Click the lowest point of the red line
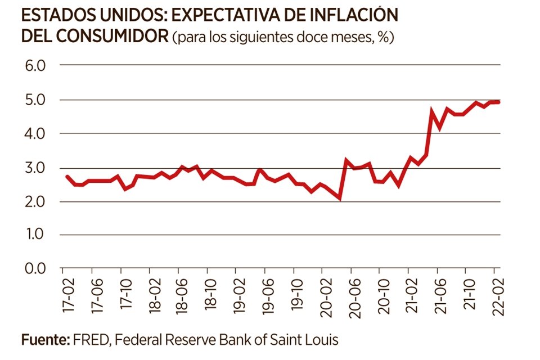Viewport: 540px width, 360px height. [340, 198]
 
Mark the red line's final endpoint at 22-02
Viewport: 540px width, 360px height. [499, 102]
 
